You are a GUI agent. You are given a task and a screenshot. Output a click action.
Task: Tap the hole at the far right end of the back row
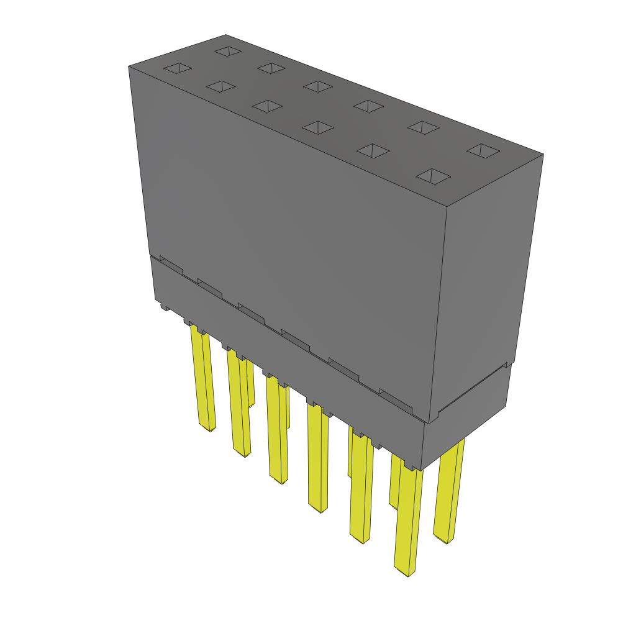(x=483, y=150)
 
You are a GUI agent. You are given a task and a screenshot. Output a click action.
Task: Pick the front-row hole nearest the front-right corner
(x=433, y=176)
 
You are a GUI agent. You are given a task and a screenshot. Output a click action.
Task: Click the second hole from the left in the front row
(x=220, y=87)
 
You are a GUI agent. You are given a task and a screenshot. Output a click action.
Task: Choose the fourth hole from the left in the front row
(x=317, y=127)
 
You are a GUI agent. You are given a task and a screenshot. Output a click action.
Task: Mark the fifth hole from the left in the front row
(x=371, y=150)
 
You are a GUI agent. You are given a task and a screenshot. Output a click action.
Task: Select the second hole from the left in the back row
(x=271, y=68)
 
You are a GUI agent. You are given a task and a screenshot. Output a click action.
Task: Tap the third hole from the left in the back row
(x=317, y=86)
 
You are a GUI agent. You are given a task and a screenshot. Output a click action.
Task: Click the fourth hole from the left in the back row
(x=368, y=106)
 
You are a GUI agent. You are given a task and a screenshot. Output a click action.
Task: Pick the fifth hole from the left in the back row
(x=423, y=127)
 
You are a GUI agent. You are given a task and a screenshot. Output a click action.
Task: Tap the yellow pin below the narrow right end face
(x=449, y=491)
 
